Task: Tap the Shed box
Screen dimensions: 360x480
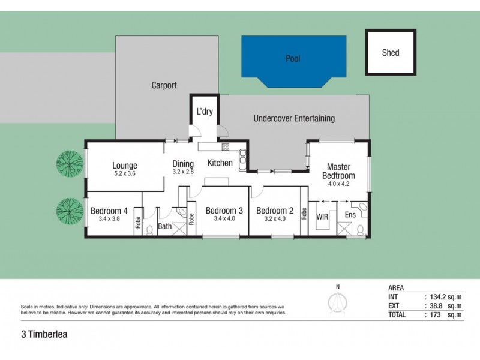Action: point(391,53)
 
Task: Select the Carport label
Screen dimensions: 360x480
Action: point(164,86)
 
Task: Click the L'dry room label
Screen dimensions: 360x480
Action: point(205,112)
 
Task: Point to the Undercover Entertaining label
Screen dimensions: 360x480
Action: point(294,118)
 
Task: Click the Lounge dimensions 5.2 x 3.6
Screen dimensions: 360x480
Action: point(125,174)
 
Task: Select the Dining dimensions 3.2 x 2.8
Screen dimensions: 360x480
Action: point(183,172)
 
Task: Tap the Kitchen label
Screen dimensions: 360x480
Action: point(220,163)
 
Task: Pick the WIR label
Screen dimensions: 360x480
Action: point(322,214)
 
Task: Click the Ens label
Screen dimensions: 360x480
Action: point(349,214)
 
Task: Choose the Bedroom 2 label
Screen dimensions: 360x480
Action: point(274,211)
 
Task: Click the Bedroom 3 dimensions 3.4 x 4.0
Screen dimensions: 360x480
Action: point(224,219)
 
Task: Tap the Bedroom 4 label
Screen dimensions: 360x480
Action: point(109,211)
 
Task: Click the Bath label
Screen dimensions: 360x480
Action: point(164,226)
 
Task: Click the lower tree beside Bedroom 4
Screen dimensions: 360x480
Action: point(70,210)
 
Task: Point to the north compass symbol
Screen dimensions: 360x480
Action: point(337,302)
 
